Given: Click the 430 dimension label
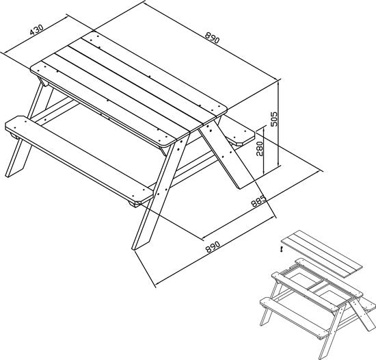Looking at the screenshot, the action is (37, 29).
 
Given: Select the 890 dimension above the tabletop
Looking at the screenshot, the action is (212, 38).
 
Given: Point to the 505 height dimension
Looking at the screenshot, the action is (273, 119).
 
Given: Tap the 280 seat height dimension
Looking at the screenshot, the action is (260, 149).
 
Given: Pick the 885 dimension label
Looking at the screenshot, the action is (258, 201).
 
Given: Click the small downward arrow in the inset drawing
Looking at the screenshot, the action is (282, 250).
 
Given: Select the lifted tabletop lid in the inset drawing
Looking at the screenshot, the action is (321, 253).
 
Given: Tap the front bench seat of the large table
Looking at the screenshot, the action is (79, 160).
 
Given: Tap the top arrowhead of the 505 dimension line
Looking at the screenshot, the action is (279, 83).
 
